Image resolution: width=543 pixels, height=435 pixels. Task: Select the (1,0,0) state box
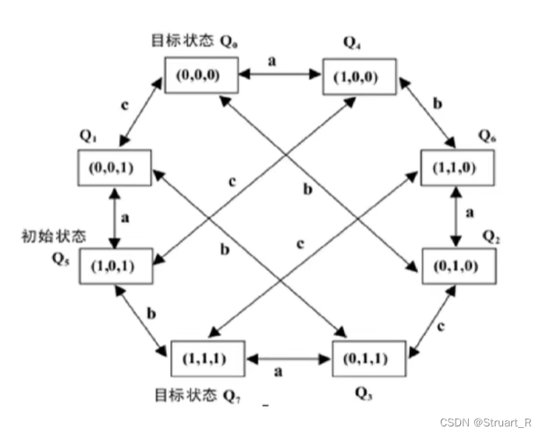(360, 76)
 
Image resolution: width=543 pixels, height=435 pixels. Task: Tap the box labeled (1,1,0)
(457, 167)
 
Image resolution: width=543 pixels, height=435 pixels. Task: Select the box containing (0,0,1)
(115, 168)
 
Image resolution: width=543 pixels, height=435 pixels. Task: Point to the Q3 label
(362, 392)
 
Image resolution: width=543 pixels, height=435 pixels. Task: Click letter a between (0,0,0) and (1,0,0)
(271, 60)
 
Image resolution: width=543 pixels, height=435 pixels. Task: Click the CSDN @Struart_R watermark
(486, 422)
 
